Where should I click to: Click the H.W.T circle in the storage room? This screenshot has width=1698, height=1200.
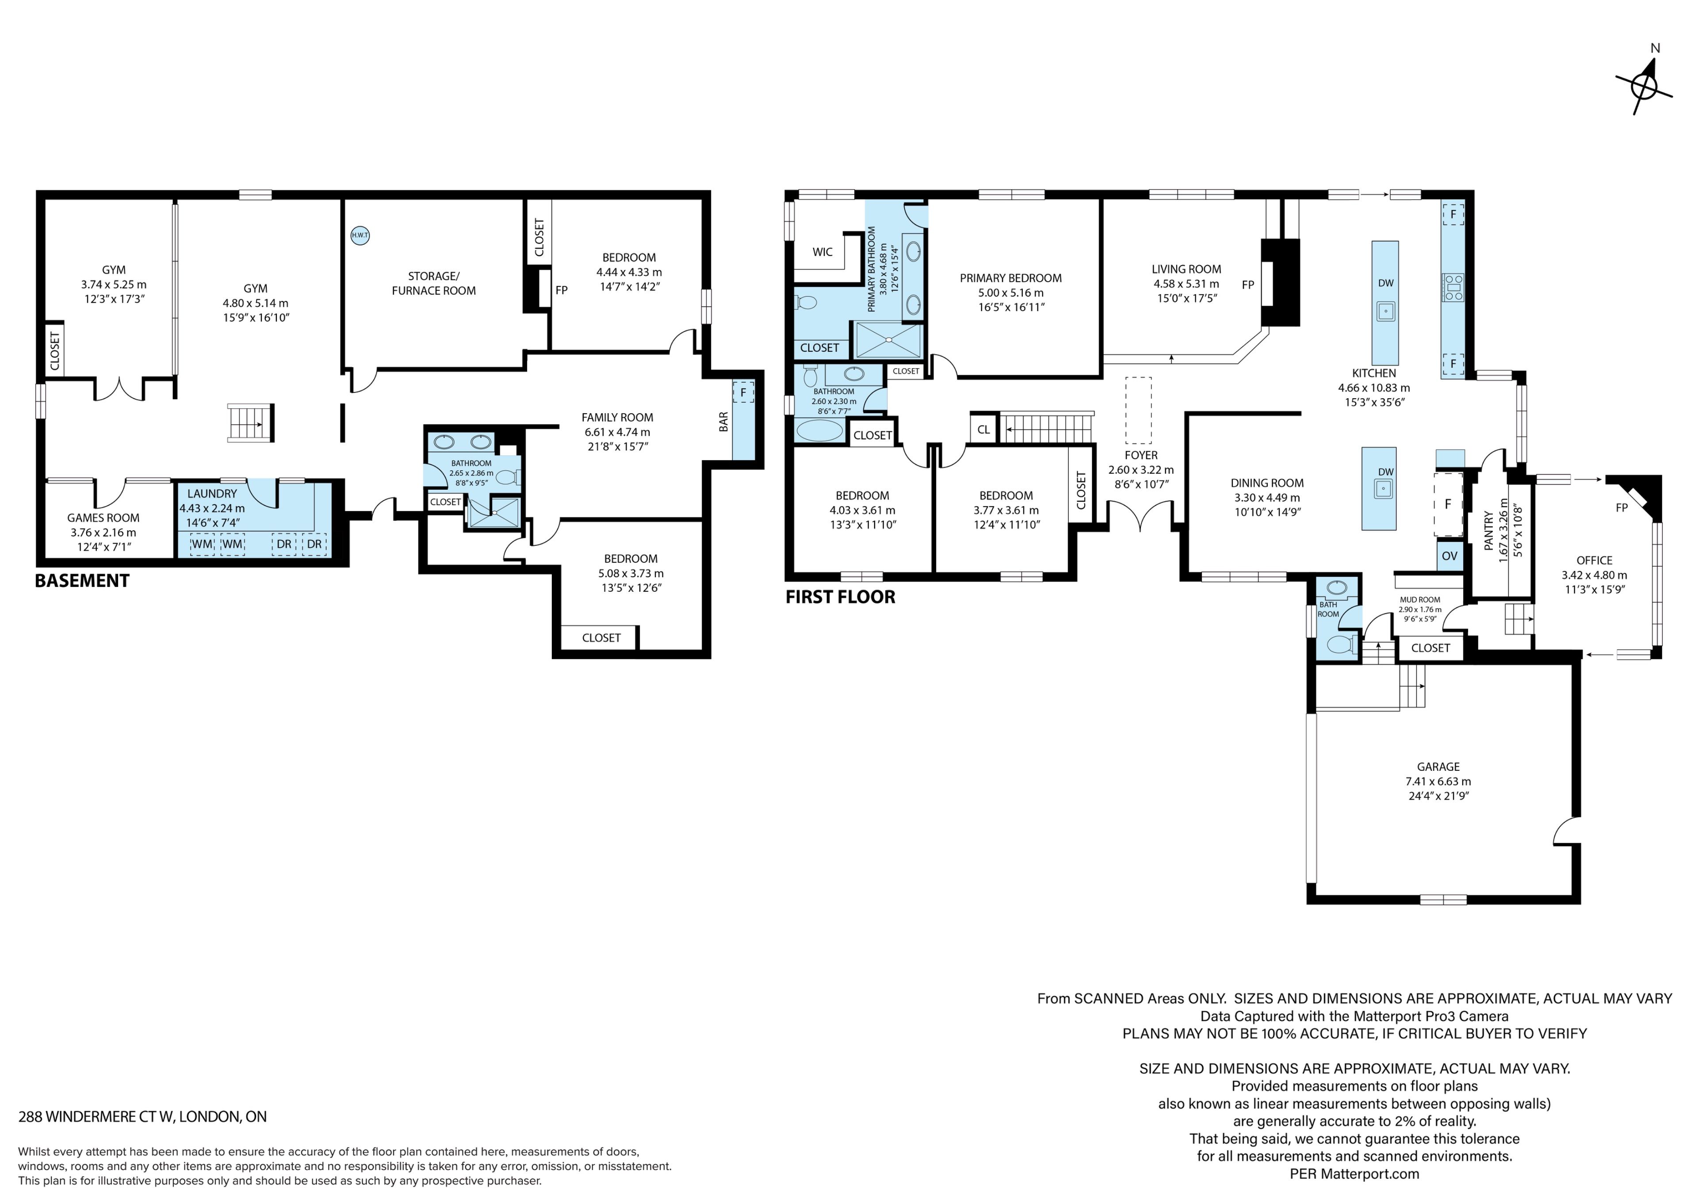point(359,235)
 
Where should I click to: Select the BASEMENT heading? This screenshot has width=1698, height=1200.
point(82,581)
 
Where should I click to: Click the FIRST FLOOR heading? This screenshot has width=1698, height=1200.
point(840,597)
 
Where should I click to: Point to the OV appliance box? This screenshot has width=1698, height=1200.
point(1449,556)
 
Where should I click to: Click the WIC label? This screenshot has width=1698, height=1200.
point(822,252)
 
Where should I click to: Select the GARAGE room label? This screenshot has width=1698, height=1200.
point(1438,767)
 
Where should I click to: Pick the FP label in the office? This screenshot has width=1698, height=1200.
point(1622,508)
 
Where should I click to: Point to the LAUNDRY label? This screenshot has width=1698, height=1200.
point(212,494)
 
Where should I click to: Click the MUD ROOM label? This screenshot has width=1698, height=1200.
point(1420,600)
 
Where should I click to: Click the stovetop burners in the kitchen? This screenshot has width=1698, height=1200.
point(1453,287)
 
